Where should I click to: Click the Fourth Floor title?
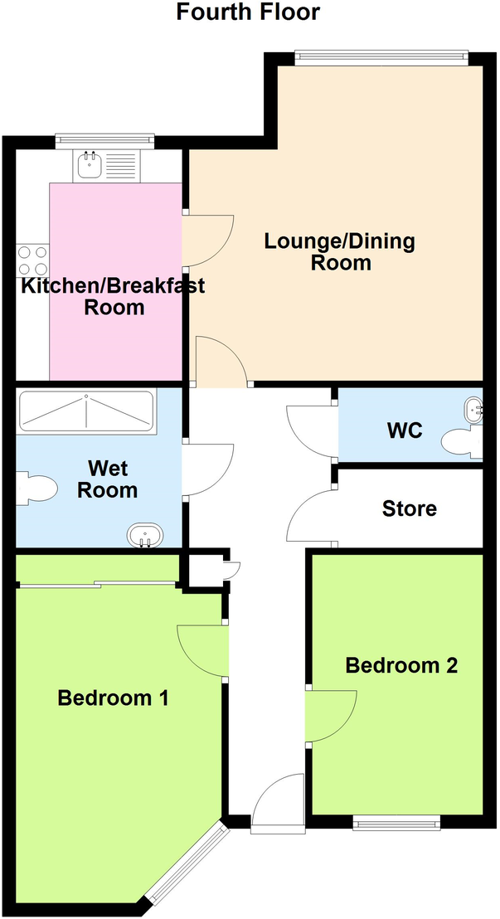[x=248, y=12]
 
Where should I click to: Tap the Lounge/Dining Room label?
[x=339, y=252]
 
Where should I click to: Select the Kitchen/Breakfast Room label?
[x=113, y=297]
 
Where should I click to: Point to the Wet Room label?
[x=106, y=479]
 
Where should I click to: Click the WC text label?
[x=405, y=431]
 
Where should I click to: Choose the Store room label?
[x=409, y=508]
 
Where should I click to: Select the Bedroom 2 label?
[x=401, y=665]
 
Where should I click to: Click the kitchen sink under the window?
[x=89, y=166]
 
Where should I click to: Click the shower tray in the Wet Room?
[x=86, y=412]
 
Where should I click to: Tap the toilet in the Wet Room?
[x=36, y=488]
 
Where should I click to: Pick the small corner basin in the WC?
[x=474, y=409]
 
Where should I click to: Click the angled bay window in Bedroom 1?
[x=186, y=863]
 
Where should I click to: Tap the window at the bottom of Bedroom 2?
[x=396, y=823]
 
